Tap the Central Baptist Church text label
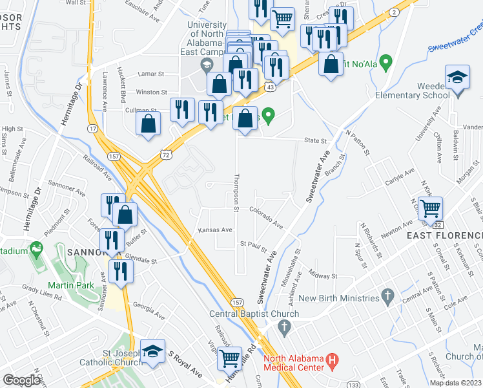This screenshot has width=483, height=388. coord(254,314)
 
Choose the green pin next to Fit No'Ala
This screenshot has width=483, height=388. coord(387,63)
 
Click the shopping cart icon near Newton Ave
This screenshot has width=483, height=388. coord(430,208)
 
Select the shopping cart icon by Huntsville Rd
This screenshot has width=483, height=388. coord(229,358)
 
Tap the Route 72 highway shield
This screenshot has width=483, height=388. coord(166,154)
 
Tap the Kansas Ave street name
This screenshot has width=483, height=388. coord(215,230)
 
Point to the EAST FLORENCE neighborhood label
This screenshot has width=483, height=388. coord(444,235)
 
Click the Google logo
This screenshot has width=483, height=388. coord(21,380)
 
